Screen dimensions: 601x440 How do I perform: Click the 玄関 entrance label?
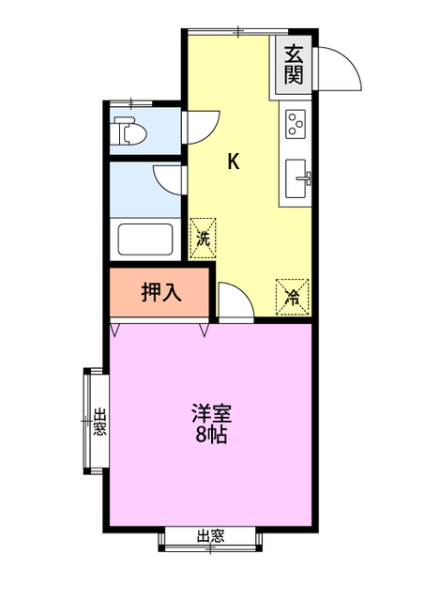click(294, 65)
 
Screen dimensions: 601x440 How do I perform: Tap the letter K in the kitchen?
click(234, 162)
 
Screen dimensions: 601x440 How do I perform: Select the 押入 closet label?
click(160, 293)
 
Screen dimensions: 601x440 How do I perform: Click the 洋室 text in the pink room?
click(213, 413)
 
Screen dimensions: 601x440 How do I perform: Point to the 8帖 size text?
click(213, 435)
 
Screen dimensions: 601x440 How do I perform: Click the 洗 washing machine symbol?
click(203, 239)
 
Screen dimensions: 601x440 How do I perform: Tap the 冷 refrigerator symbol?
click(293, 297)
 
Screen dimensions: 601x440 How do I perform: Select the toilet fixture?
click(128, 132)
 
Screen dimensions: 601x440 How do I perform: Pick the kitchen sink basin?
click(297, 178)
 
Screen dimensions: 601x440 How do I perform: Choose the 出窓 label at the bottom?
click(210, 537)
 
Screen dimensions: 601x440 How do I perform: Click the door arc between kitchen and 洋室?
click(235, 302)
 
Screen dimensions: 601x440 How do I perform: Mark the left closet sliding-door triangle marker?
click(115, 330)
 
